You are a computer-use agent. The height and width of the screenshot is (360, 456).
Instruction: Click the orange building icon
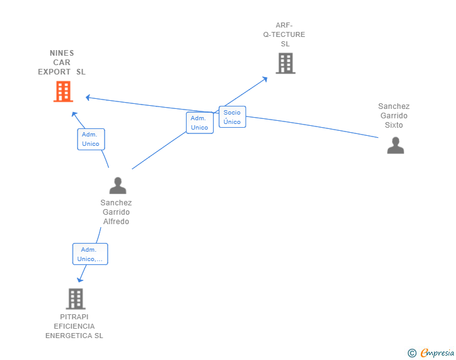63,91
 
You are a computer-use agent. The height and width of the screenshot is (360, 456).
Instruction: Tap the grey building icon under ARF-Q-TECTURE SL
286,63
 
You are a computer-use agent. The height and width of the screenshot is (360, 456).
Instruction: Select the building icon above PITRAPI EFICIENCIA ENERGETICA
76,299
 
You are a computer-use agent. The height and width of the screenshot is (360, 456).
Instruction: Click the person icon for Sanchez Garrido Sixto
395,145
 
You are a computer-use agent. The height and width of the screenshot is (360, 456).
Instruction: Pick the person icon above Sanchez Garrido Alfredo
118,185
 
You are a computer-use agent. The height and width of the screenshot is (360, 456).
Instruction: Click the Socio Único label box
232,117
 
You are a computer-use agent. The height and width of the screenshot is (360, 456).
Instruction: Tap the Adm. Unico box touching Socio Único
200,123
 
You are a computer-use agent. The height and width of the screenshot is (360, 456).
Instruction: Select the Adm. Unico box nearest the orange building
91,139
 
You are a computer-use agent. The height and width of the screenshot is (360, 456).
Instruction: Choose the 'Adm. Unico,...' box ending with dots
90,254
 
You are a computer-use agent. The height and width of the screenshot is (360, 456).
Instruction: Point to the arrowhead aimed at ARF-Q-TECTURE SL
265,79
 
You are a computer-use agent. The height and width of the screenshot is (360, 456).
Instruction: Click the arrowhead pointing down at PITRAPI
80,280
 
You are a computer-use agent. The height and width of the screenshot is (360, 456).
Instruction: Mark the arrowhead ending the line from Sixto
88,98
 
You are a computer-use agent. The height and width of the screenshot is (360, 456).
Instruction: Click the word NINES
61,53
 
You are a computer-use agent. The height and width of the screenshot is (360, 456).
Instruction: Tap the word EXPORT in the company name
54,72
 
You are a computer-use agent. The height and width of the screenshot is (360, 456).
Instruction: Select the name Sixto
394,125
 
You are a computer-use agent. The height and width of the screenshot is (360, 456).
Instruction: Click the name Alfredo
116,222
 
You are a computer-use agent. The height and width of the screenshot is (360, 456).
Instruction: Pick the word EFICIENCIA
74,326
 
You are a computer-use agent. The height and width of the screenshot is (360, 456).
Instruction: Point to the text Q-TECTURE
284,34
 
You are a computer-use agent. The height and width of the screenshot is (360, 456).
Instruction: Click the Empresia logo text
437,353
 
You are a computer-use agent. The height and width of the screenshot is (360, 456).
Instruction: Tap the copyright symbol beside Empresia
412,353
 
